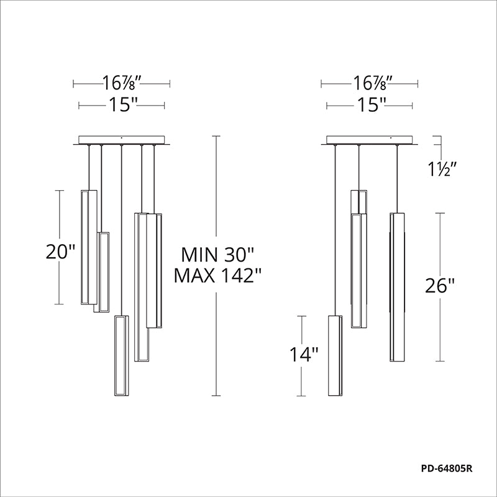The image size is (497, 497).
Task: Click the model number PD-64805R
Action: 447,468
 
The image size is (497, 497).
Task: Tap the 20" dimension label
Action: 60,252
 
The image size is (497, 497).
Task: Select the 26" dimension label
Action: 440,286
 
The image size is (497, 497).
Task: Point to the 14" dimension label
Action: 304,354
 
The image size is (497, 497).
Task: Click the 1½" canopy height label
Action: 442,170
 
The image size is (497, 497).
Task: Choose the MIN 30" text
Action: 218,254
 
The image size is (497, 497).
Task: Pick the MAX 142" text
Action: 218,275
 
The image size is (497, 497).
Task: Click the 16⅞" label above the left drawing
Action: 121,83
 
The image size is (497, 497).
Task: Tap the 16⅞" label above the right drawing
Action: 370,83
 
